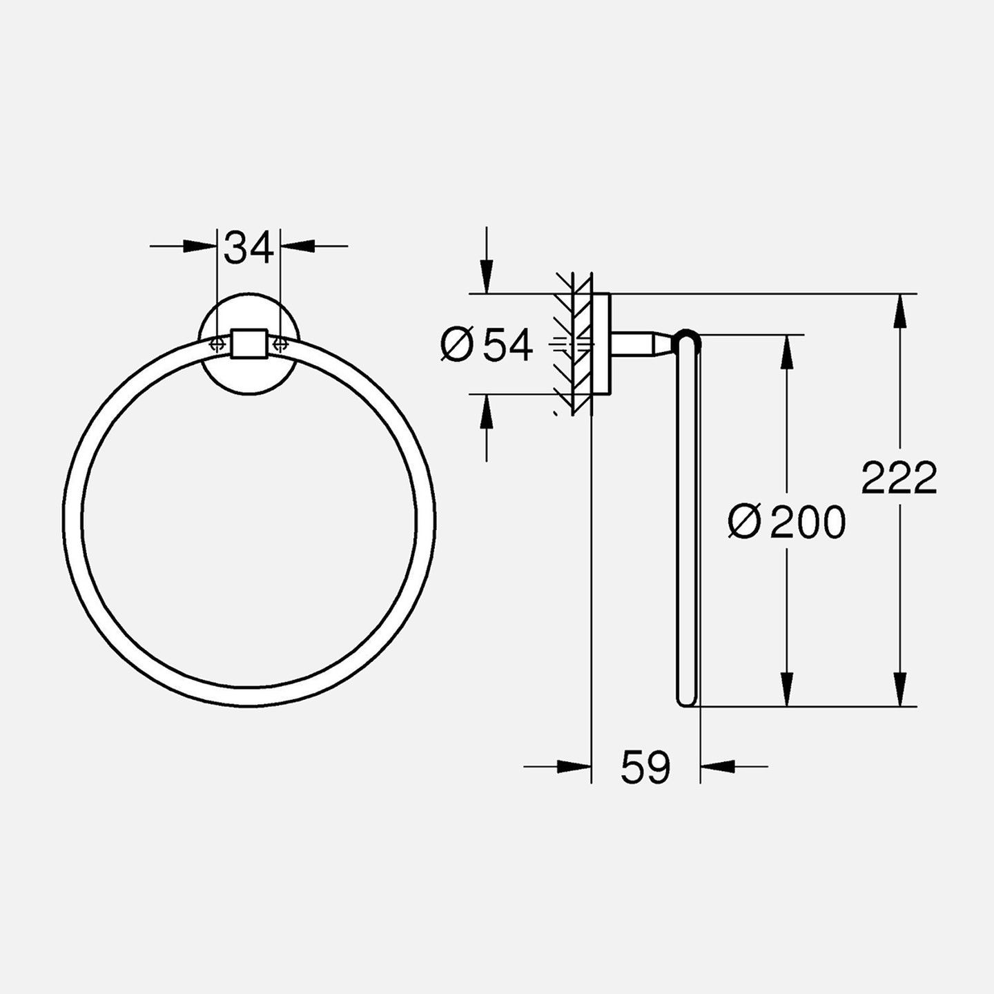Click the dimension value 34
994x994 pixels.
point(248,247)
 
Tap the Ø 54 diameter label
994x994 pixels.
point(487,345)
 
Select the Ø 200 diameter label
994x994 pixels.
point(787,521)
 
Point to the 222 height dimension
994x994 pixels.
point(899,478)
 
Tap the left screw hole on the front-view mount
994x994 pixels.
point(217,343)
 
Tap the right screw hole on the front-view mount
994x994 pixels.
point(280,343)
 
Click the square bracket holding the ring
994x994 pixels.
point(249,343)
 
